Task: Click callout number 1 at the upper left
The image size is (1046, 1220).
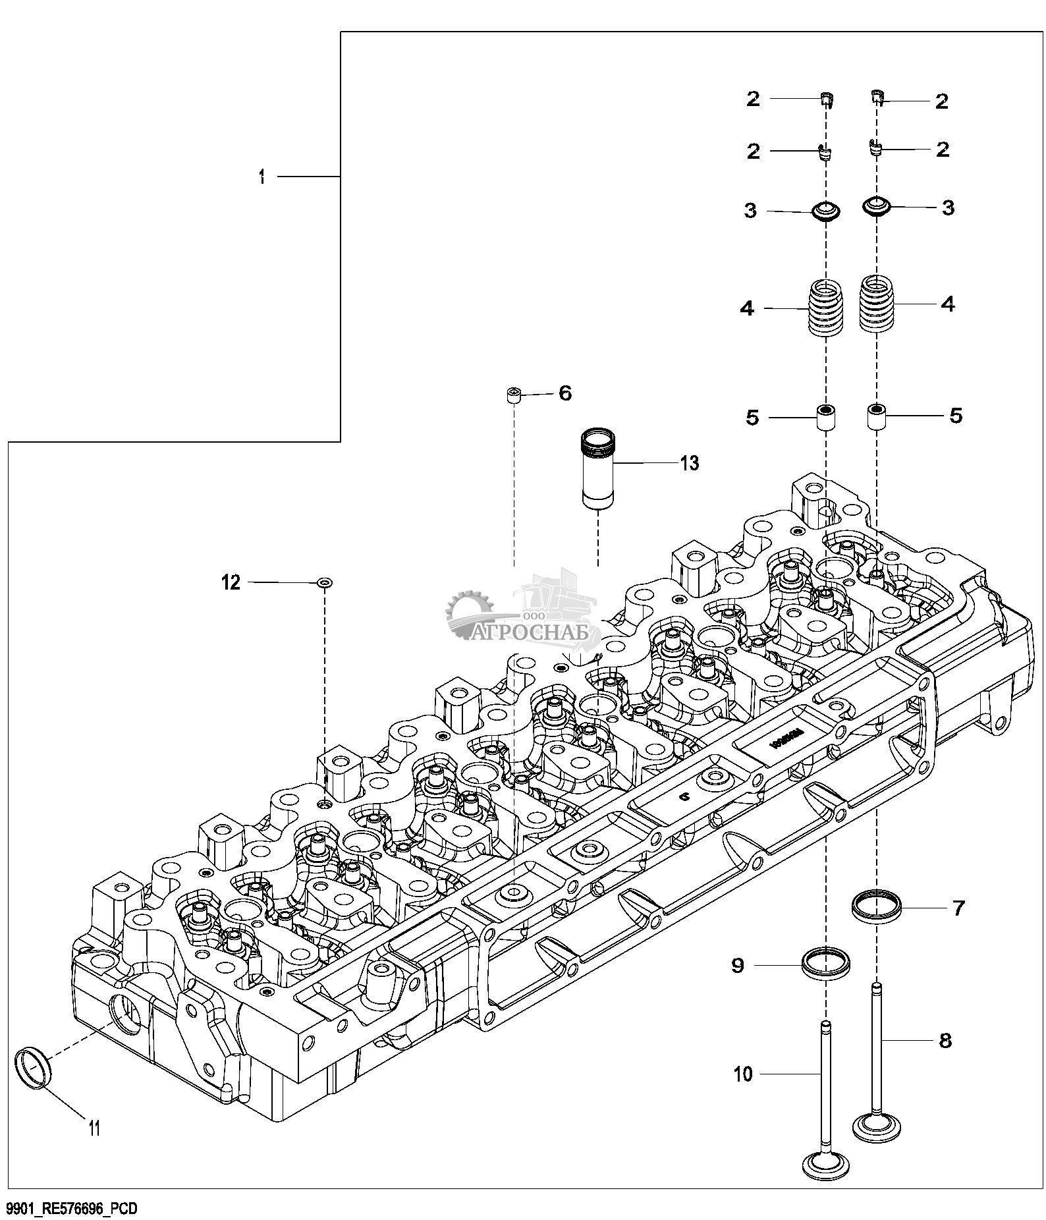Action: pyautogui.click(x=261, y=177)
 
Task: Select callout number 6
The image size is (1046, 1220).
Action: pyautogui.click(x=565, y=393)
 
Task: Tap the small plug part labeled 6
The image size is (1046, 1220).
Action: pyautogui.click(x=514, y=397)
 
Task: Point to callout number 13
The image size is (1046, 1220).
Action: pyautogui.click(x=689, y=463)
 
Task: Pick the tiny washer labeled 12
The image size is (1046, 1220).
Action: pyautogui.click(x=325, y=582)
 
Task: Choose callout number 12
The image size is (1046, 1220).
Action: pyautogui.click(x=231, y=582)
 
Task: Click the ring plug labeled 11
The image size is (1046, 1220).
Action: pyautogui.click(x=32, y=1070)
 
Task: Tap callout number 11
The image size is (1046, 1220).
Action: pyautogui.click(x=94, y=1128)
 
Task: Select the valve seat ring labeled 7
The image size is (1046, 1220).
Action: pyautogui.click(x=875, y=907)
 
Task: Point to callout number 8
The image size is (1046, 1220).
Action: pyautogui.click(x=945, y=1040)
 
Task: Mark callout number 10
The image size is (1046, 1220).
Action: pyautogui.click(x=743, y=1074)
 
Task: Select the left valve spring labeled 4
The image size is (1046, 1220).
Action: pyautogui.click(x=825, y=308)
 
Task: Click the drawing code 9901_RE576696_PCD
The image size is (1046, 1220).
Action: pyautogui.click(x=70, y=1208)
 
